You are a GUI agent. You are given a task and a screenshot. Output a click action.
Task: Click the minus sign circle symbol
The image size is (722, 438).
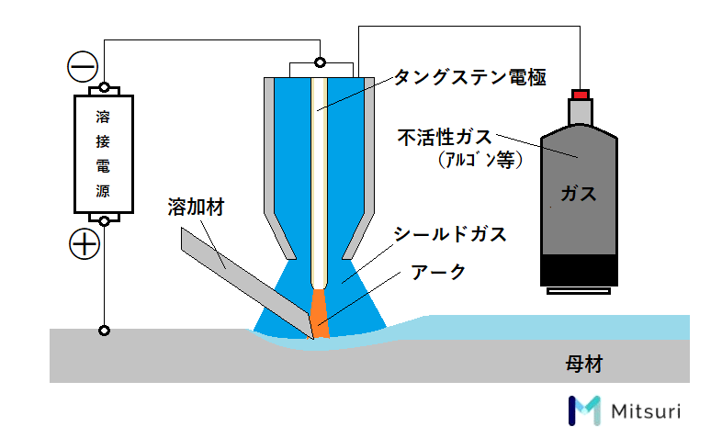point(83,66)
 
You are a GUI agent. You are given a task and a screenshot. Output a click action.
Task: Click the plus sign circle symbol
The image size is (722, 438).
point(85,244)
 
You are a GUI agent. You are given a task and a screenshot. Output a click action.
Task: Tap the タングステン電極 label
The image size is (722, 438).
point(470,77)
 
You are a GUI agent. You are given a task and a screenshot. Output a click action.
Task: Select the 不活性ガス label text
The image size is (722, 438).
point(445,137)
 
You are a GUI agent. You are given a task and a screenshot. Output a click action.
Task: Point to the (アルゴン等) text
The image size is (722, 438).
point(480,160)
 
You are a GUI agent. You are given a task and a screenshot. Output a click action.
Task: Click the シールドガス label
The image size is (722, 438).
point(450,234)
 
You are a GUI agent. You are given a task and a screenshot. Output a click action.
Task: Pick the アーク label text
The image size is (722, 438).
point(438,272)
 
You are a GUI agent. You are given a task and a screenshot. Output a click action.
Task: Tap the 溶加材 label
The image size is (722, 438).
point(197,207)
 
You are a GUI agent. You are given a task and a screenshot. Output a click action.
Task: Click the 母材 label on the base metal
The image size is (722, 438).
point(584,364)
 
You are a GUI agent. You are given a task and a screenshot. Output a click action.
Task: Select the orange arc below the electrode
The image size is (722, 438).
point(319,314)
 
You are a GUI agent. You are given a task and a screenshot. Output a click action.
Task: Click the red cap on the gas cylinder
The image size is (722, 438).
point(581,95)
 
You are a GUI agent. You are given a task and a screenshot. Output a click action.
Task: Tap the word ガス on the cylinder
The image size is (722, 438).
point(579,194)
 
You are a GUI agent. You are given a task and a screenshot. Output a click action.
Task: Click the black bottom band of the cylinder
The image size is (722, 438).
point(579,270)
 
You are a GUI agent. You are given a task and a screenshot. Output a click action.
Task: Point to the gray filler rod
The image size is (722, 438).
point(246,282)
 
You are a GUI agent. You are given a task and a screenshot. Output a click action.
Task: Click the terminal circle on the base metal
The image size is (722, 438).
point(105,331)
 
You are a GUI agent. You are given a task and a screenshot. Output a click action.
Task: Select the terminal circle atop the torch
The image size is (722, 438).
point(320,62)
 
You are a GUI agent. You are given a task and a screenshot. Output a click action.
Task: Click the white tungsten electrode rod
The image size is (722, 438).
point(319,183)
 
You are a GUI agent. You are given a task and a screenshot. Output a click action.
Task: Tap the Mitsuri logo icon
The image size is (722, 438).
point(584,410)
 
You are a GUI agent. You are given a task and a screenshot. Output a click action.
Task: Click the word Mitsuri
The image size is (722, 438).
point(646,410)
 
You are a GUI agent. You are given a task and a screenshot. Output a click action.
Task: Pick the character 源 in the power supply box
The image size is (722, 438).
point(103,190)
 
